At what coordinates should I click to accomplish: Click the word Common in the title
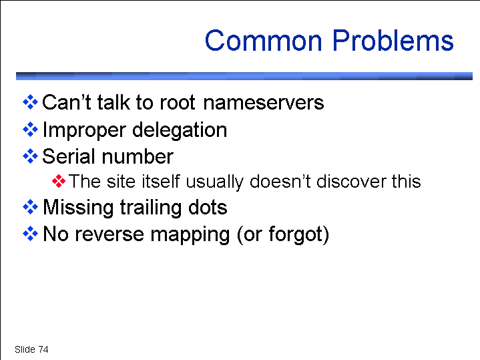[263, 41]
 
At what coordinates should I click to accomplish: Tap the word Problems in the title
[393, 40]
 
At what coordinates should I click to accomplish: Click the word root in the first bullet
[177, 103]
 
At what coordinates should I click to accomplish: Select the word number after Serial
[138, 156]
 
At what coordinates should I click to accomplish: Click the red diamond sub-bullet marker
[59, 181]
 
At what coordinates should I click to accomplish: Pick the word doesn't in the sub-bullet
[280, 181]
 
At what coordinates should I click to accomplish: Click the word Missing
[78, 208]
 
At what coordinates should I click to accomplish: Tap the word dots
[208, 208]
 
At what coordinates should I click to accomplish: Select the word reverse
[109, 234]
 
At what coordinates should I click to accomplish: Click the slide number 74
[43, 349]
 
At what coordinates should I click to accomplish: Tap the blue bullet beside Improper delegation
[30, 130]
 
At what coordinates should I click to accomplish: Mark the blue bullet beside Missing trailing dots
[30, 207]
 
